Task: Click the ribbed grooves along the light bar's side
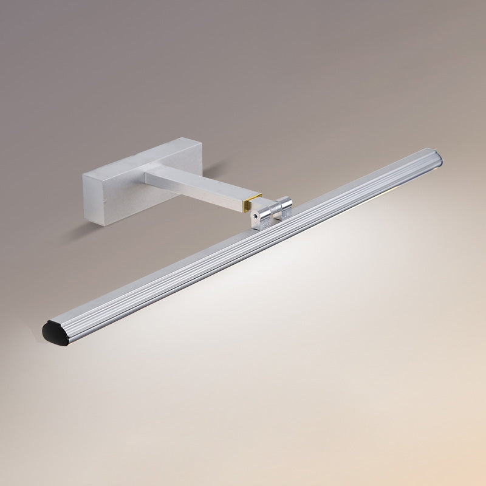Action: click(x=243, y=243)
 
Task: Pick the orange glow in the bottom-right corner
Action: click(x=468, y=468)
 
